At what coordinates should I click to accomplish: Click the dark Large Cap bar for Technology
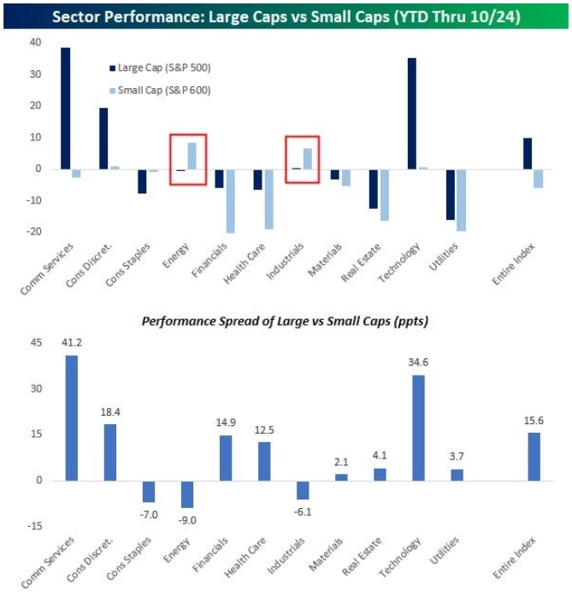(413, 113)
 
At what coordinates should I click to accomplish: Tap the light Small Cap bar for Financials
(230, 200)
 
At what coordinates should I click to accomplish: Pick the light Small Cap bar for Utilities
(462, 199)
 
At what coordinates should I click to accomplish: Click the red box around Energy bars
(187, 159)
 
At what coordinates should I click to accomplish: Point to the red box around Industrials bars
(302, 159)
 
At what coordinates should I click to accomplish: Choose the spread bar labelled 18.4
(110, 452)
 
